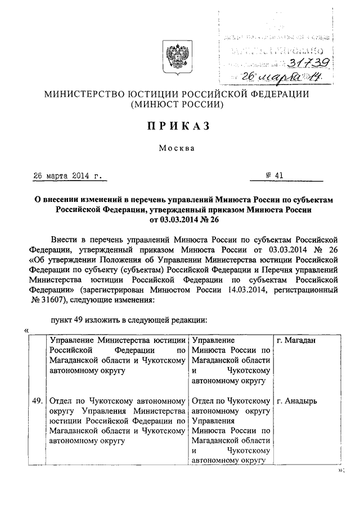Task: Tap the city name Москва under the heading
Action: [x=179, y=149]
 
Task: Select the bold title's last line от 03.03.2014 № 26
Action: [x=179, y=219]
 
